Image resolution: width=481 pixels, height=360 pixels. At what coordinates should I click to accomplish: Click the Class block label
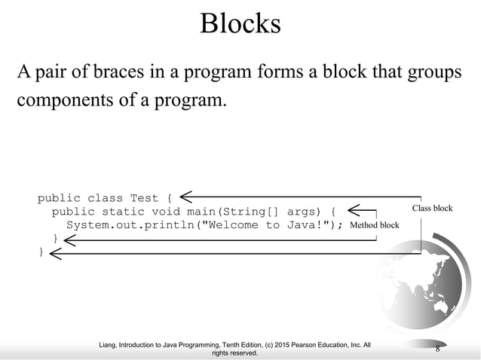(432, 208)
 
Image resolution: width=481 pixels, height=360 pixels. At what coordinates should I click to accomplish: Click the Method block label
(375, 225)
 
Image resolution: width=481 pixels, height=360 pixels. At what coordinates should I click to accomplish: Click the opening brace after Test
(170, 199)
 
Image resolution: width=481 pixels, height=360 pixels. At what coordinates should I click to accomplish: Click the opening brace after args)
(335, 212)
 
